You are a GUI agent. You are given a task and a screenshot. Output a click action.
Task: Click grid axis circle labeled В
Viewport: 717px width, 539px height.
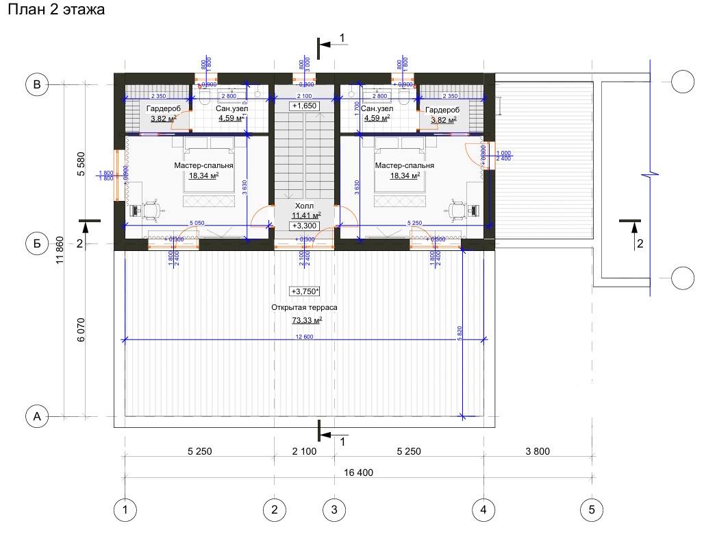pyautogui.click(x=37, y=85)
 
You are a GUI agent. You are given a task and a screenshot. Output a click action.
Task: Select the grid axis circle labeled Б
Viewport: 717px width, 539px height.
pyautogui.click(x=37, y=243)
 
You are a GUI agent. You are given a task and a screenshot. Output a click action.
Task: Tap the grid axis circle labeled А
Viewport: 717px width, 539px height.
pyautogui.click(x=37, y=416)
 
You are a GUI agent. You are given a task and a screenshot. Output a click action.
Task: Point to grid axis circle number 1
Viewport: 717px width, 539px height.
pyautogui.click(x=125, y=510)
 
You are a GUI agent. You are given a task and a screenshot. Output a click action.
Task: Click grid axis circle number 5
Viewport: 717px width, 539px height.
pyautogui.click(x=591, y=510)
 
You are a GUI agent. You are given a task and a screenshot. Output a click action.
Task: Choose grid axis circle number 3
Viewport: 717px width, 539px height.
pyautogui.click(x=334, y=510)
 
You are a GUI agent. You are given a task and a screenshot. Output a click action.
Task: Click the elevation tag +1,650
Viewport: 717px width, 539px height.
pyautogui.click(x=303, y=106)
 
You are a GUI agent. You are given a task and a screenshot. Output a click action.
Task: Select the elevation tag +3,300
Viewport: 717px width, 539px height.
pyautogui.click(x=303, y=226)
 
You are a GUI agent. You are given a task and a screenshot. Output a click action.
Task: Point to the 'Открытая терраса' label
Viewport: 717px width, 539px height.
pyautogui.click(x=304, y=308)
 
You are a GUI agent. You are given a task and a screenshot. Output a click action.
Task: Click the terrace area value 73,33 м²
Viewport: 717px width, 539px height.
pyautogui.click(x=307, y=320)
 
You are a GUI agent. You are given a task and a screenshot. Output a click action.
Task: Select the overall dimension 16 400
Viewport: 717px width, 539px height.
pyautogui.click(x=359, y=472)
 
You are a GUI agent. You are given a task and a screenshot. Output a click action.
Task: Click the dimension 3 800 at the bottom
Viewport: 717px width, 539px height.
pyautogui.click(x=537, y=451)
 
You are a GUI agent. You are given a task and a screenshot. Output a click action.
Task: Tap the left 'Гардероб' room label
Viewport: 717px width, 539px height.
pyautogui.click(x=164, y=109)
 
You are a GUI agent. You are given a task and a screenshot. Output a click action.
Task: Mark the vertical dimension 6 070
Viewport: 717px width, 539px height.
pyautogui.click(x=80, y=329)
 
